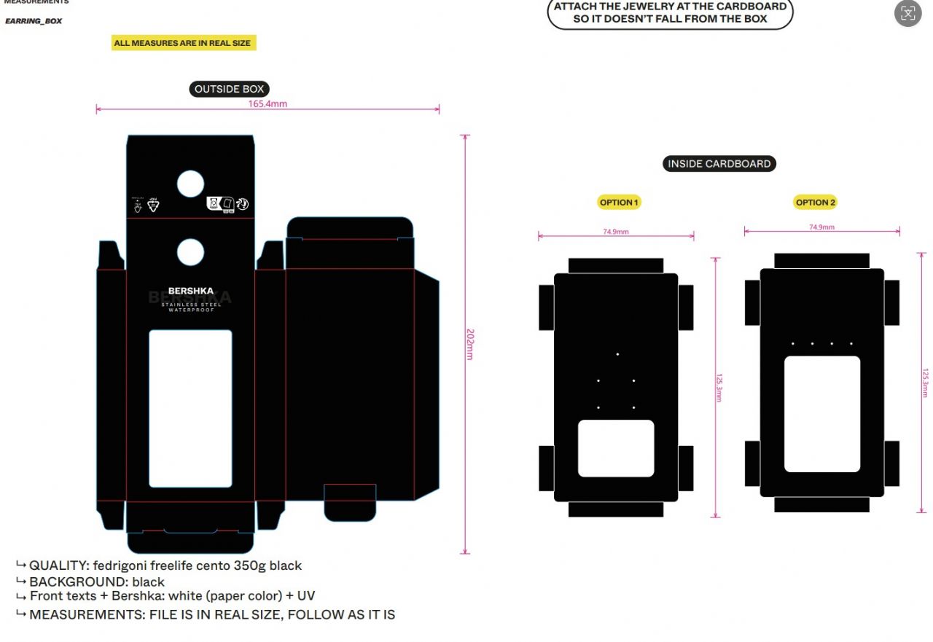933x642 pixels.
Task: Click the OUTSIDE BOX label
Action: point(229,89)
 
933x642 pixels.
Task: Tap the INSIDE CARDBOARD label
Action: point(719,164)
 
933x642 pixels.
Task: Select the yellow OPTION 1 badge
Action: point(619,203)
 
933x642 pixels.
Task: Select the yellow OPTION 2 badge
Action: point(816,203)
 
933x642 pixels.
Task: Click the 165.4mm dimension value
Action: point(268,103)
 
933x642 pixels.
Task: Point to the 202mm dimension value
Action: point(470,344)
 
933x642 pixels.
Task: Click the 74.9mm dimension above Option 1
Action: point(616,232)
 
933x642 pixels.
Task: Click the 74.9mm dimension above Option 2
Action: point(821,227)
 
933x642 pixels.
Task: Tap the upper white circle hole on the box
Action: point(191,184)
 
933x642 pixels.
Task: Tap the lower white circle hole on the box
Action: point(191,252)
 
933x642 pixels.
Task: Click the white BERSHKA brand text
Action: point(191,291)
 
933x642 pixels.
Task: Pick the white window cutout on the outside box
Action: point(191,408)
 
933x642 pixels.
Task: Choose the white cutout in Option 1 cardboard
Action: point(616,448)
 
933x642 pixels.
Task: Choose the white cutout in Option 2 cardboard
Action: point(821,414)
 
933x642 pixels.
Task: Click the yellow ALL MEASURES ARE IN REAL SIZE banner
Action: point(183,43)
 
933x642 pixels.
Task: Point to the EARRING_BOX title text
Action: point(34,21)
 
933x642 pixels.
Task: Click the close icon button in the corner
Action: point(907,13)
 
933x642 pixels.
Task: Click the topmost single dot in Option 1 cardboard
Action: point(617,354)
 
